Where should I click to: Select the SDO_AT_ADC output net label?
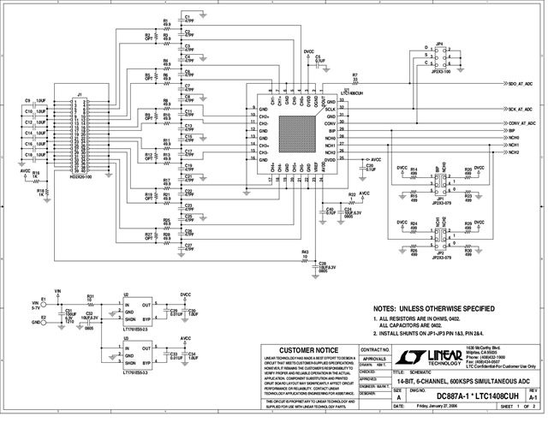(521, 86)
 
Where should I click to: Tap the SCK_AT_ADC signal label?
(521, 110)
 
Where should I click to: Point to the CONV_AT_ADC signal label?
(521, 123)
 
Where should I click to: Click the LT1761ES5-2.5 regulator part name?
(138, 330)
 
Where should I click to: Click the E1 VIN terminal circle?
(46, 303)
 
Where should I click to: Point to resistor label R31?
(90, 296)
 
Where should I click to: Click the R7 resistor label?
(354, 76)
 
